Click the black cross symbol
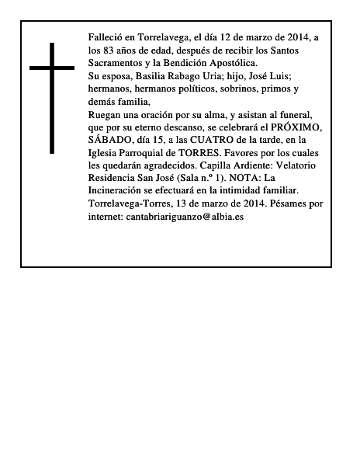[x=53, y=98]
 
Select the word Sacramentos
[x=117, y=63]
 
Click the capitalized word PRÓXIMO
[x=282, y=127]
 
